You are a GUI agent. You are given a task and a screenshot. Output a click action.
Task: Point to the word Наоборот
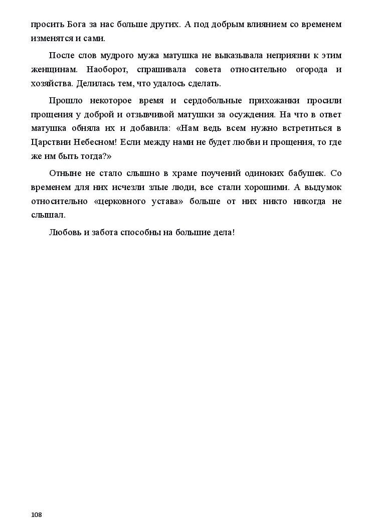[x=105, y=70]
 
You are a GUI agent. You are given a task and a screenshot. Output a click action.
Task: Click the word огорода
[x=300, y=70]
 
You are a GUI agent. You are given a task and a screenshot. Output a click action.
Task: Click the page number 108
[x=36, y=515]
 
